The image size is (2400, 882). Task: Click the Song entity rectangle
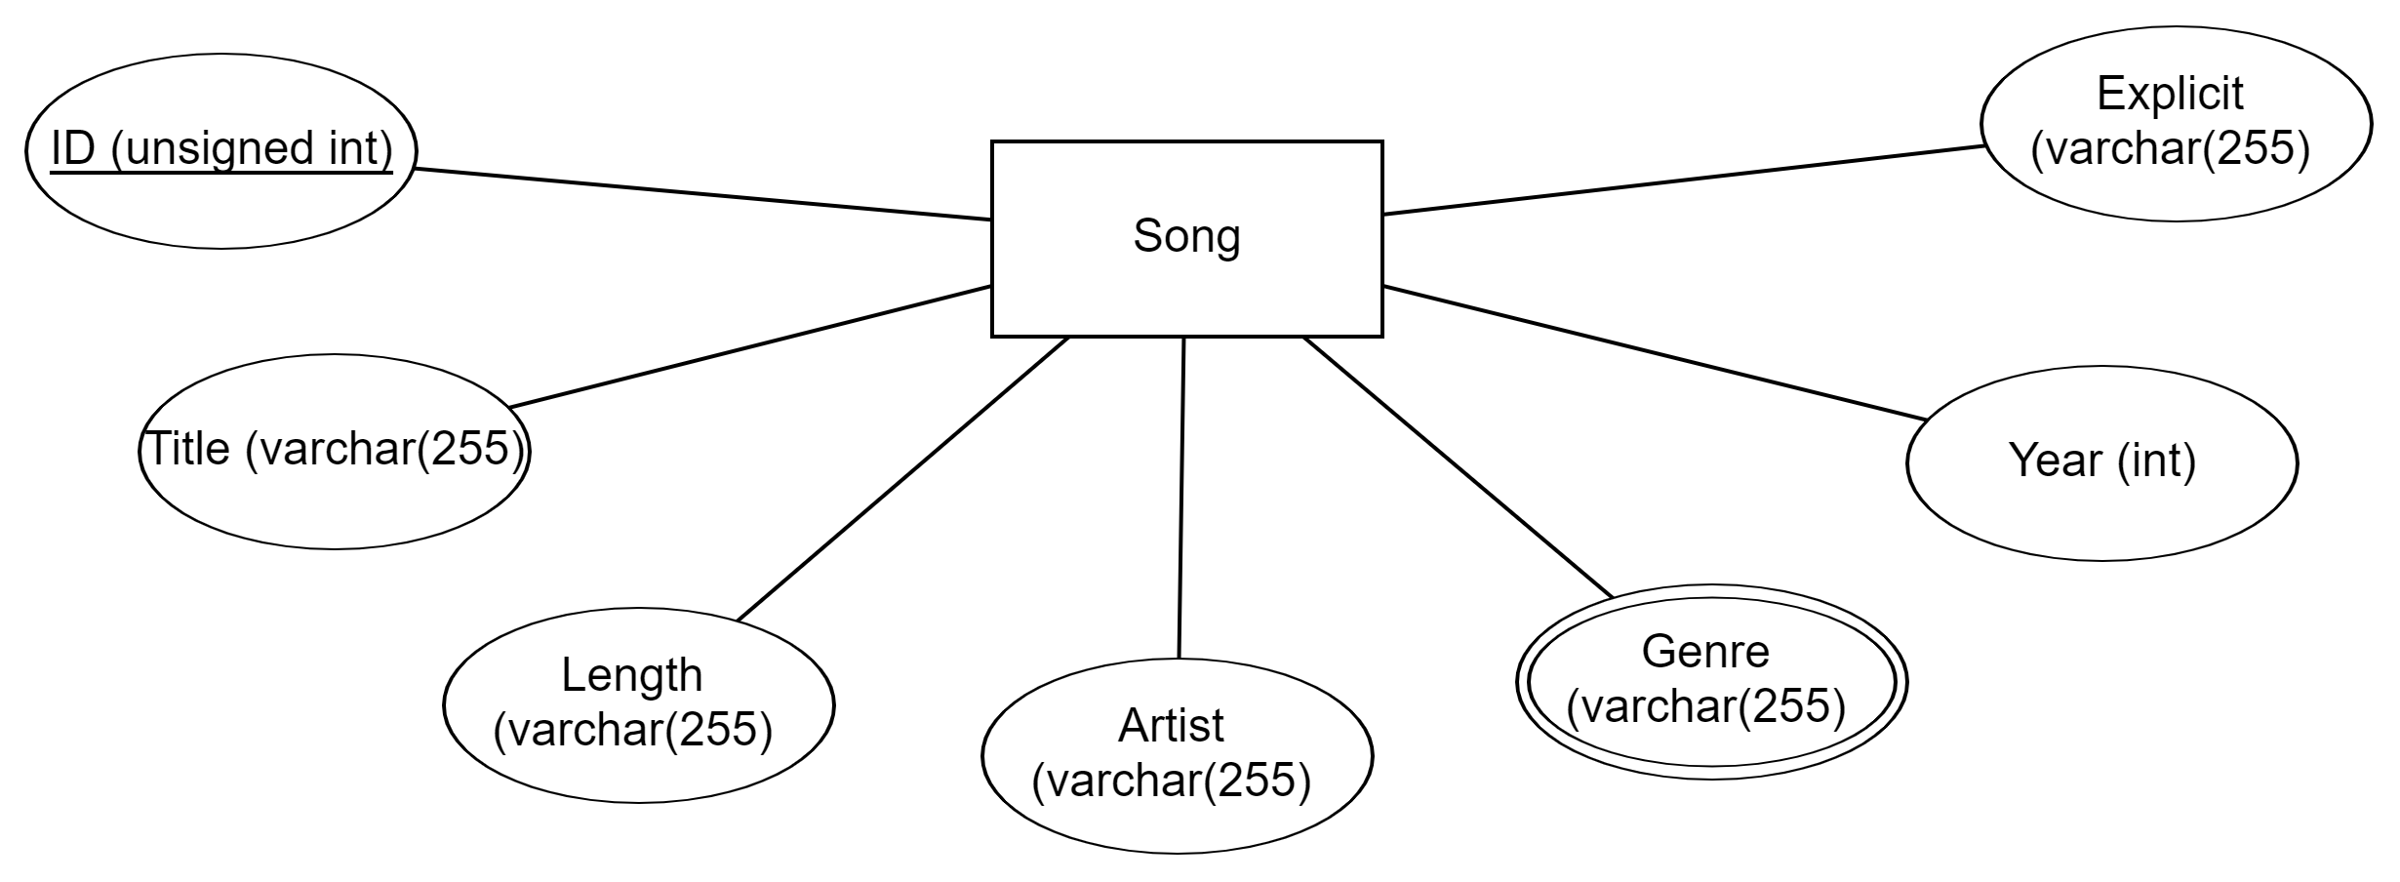click(1186, 283)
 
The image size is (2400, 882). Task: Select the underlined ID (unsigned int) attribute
click(221, 150)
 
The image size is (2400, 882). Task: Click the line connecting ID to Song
click(702, 194)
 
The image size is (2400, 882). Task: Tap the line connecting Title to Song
click(751, 346)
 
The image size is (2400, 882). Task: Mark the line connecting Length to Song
click(902, 478)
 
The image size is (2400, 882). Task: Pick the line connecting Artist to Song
click(1181, 498)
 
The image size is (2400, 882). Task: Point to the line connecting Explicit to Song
click(1683, 180)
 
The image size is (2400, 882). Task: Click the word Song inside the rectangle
click(1186, 236)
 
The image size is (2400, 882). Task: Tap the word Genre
click(1704, 652)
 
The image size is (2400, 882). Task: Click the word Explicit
click(2170, 95)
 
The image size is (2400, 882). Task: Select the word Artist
click(1171, 725)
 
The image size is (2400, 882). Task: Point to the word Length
click(631, 675)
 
